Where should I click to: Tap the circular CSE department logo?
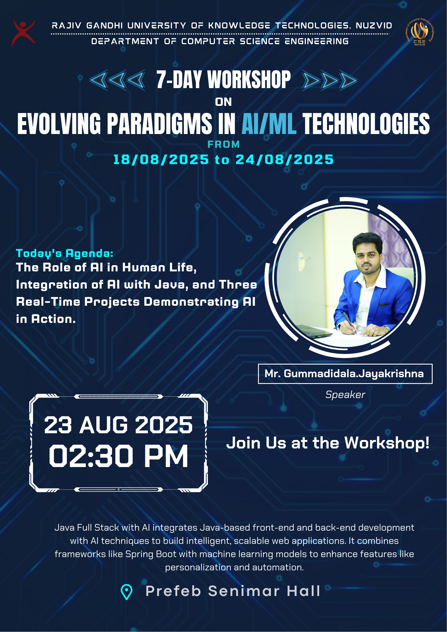click(419, 32)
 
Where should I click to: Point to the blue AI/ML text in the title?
click(269, 124)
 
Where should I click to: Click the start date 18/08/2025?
click(161, 160)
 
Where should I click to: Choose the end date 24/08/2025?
click(284, 160)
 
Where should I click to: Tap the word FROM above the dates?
click(223, 144)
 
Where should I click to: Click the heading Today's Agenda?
click(65, 253)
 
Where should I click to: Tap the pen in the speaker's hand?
click(349, 322)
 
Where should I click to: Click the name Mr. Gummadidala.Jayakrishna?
click(344, 374)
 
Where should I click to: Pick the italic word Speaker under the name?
click(345, 394)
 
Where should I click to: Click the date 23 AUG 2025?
click(118, 425)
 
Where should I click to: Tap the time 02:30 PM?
click(118, 456)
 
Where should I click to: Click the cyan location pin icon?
click(126, 592)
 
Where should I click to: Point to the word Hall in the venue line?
click(303, 591)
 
